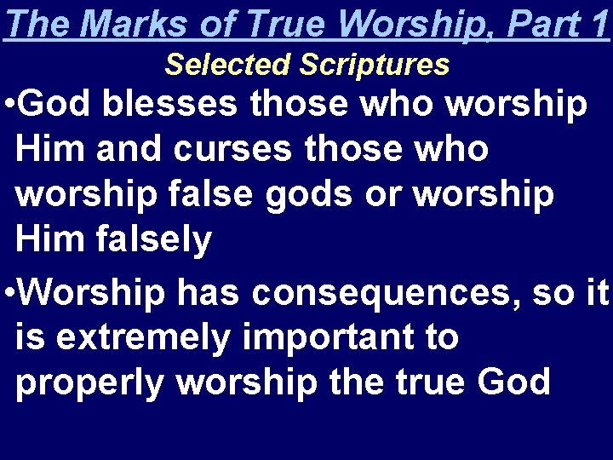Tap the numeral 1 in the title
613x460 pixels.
click(x=599, y=24)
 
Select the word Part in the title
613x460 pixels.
click(x=538, y=24)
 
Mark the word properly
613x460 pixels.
click(x=89, y=383)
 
